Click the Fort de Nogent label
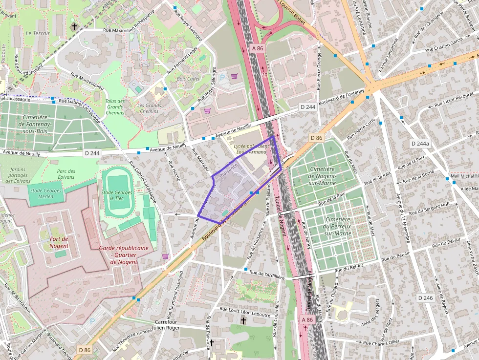[x=59, y=242]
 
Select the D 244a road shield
[x=420, y=144]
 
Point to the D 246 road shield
[x=425, y=297]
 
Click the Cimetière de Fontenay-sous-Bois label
[x=35, y=124]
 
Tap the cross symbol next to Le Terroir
[x=75, y=26]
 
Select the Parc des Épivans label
[x=65, y=174]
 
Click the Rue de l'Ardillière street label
[x=267, y=274]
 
